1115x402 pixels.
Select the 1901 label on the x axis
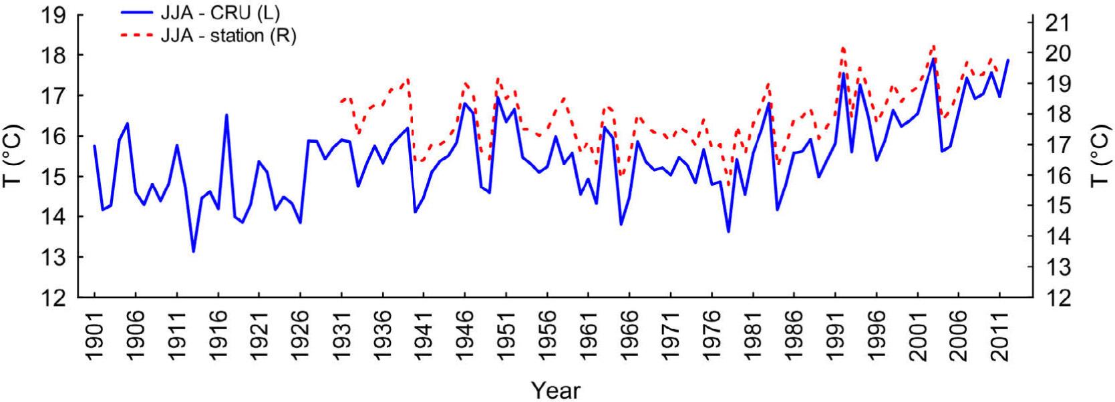(x=95, y=334)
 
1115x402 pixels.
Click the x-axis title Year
(x=556, y=390)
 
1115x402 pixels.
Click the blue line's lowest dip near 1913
(x=194, y=252)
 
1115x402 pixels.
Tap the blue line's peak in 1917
(x=226, y=115)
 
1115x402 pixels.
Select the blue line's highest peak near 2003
(x=933, y=59)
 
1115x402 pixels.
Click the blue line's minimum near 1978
(x=728, y=232)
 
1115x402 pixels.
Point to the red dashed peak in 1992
(x=843, y=47)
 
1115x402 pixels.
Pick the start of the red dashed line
(x=341, y=101)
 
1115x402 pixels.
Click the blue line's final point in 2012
(x=1008, y=60)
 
